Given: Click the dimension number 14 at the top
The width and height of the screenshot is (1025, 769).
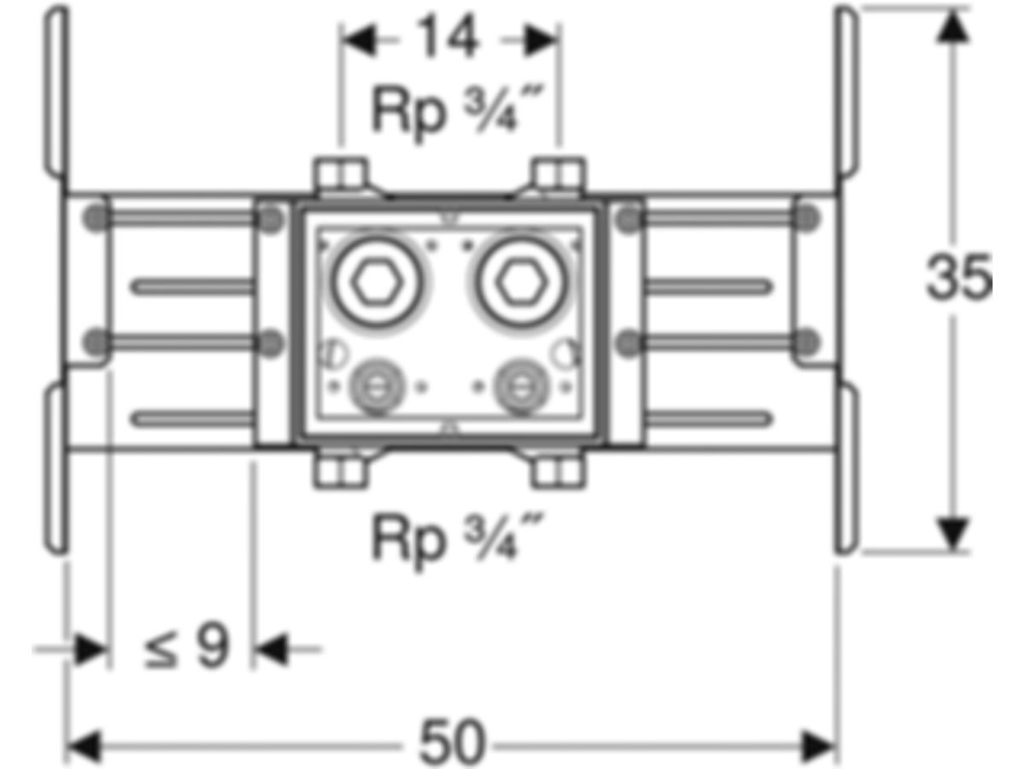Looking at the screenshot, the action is pos(448,37).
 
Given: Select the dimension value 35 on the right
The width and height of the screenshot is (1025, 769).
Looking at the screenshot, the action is pos(958,276).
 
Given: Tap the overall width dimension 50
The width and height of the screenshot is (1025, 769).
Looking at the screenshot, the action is pos(451,742).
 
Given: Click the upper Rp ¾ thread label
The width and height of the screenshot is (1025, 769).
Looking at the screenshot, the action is pos(458,112).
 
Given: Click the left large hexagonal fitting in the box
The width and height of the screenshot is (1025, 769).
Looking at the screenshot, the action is pos(377,282).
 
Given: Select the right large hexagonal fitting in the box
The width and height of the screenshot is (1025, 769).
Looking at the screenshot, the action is pos(521,282).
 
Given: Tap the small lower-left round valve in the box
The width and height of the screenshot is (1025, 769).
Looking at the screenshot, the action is pos(377,386).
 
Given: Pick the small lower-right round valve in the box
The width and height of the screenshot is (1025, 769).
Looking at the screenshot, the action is pos(521,386).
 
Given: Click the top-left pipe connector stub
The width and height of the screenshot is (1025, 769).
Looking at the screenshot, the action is pos(341,176).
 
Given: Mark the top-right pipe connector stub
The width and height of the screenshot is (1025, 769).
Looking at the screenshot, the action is pos(559,176).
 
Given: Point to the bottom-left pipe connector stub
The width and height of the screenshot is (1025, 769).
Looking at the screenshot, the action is pos(341,469).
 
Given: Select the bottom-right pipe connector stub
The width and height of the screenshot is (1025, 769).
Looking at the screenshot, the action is pos(559,469).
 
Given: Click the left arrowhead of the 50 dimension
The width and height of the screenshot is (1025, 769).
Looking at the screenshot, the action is pos(84,746).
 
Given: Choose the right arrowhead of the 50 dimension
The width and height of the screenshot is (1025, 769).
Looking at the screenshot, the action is pos(818,746).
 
